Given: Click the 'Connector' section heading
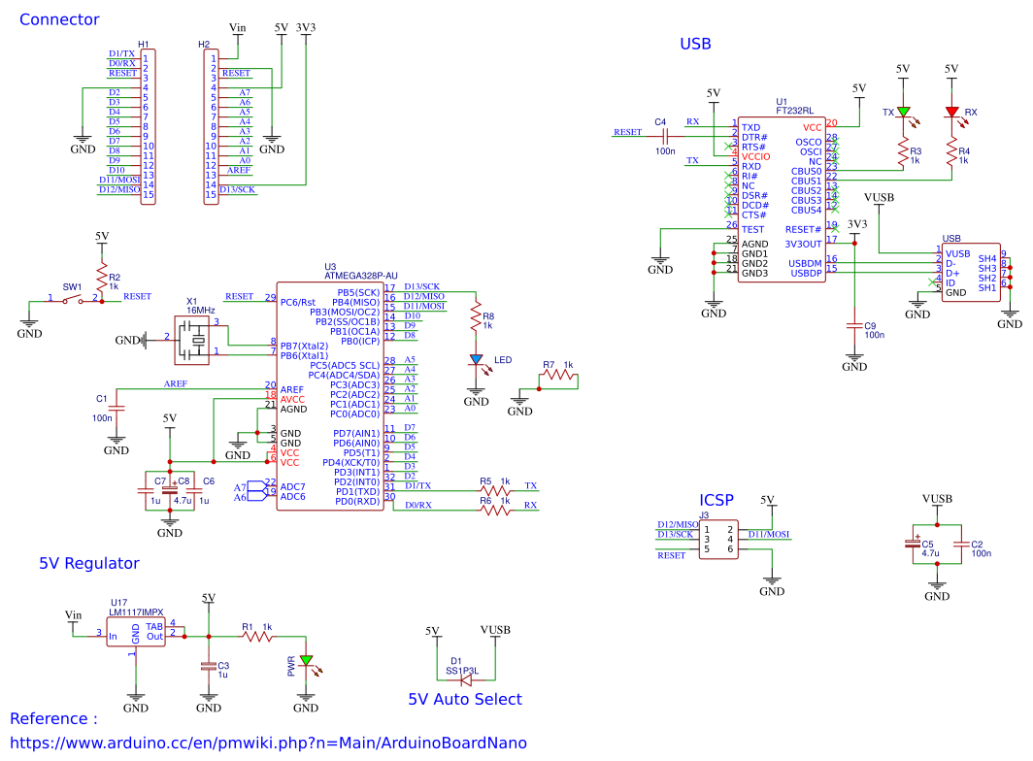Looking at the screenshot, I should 59,19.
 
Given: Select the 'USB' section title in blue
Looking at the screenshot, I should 695,44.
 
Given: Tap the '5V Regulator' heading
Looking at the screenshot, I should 89,563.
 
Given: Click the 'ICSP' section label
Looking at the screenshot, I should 716,500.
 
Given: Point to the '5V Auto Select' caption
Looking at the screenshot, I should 464,699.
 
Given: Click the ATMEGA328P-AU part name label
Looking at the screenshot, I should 362,275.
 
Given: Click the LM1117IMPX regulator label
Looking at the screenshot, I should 136,612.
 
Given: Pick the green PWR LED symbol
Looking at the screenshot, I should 307,662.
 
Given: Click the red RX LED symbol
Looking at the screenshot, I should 951,113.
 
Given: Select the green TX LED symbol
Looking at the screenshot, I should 903,113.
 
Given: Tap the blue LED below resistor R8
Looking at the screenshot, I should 476,359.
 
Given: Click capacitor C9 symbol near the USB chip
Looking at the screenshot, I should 854,326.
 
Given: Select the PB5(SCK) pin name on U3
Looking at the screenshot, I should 358,292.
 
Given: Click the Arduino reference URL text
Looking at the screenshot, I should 268,743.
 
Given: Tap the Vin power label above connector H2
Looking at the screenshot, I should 237,28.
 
